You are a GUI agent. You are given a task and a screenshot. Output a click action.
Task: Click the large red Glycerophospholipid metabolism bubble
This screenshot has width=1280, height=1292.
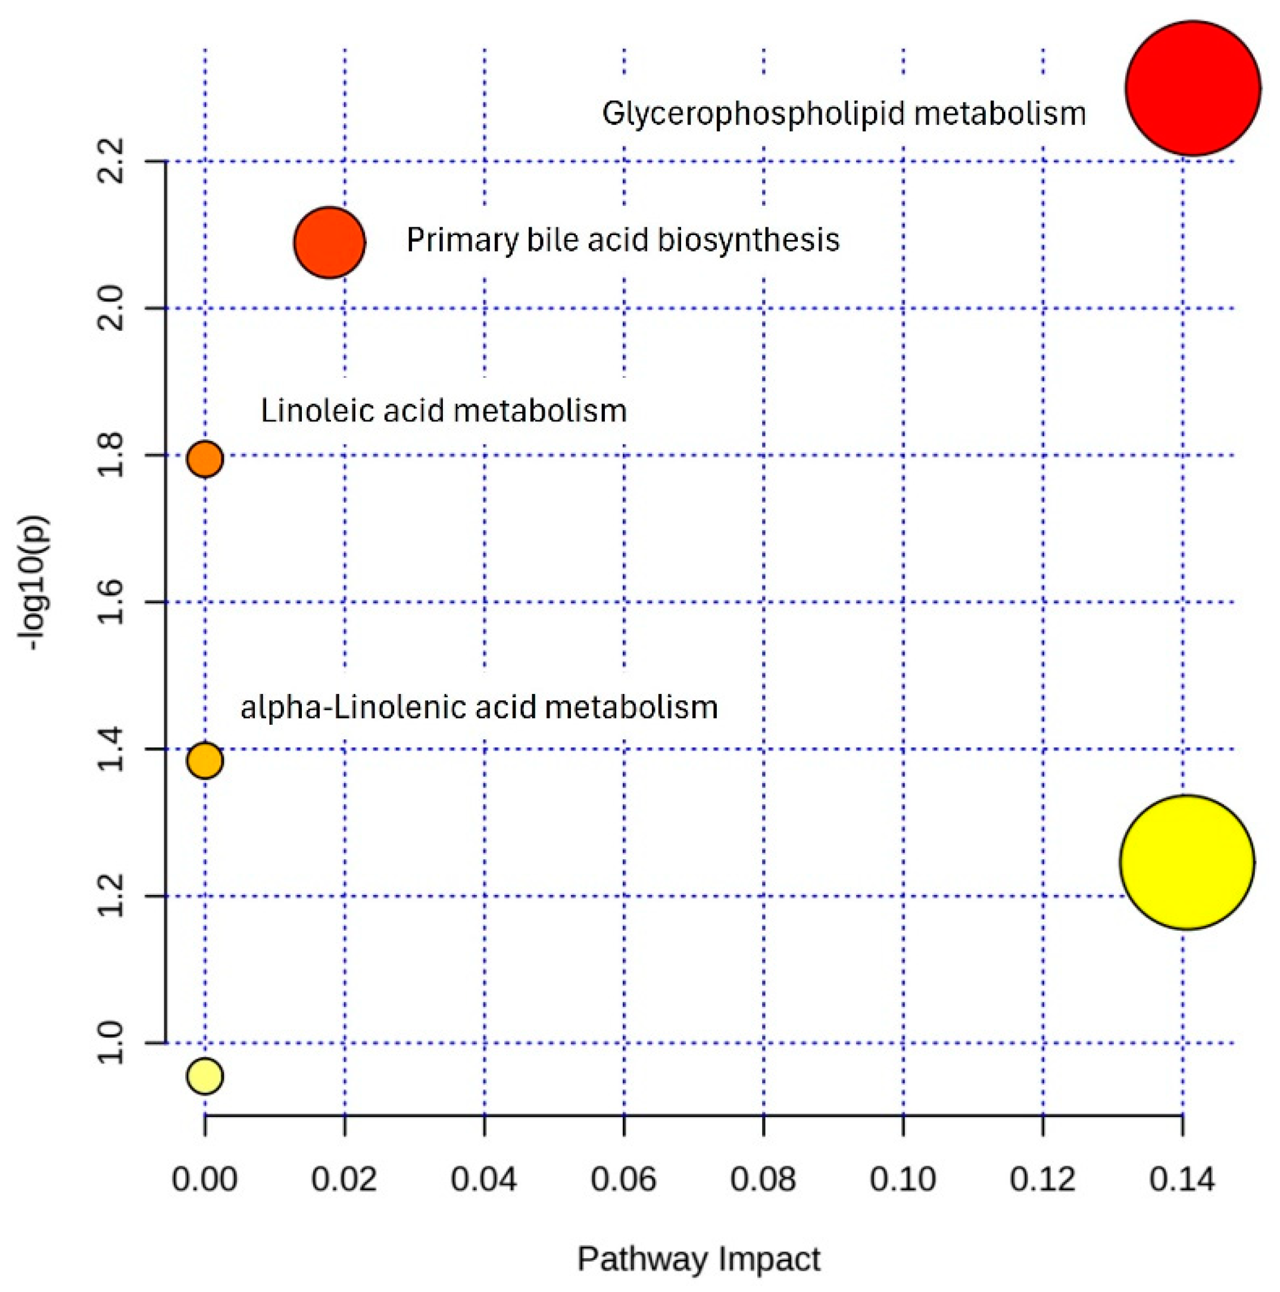(x=1193, y=88)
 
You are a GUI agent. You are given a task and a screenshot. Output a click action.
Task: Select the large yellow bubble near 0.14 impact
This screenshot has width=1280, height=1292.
(x=1187, y=862)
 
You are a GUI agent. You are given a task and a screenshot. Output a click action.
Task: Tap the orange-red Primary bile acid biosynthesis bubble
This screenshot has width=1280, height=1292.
(x=329, y=242)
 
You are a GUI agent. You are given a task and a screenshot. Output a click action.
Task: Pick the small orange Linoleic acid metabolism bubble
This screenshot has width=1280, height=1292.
(x=205, y=459)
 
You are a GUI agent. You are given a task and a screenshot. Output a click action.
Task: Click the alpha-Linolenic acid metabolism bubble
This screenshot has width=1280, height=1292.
(x=205, y=761)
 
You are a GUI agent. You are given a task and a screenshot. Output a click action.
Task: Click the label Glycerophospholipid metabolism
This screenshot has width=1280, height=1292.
(x=844, y=114)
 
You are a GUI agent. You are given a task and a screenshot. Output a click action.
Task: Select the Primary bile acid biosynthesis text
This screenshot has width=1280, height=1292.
(x=623, y=240)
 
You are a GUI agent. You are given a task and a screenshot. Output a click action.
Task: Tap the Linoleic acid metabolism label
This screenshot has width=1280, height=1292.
(x=444, y=411)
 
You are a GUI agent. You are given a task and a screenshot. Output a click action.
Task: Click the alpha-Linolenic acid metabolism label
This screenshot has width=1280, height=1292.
(x=479, y=707)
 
